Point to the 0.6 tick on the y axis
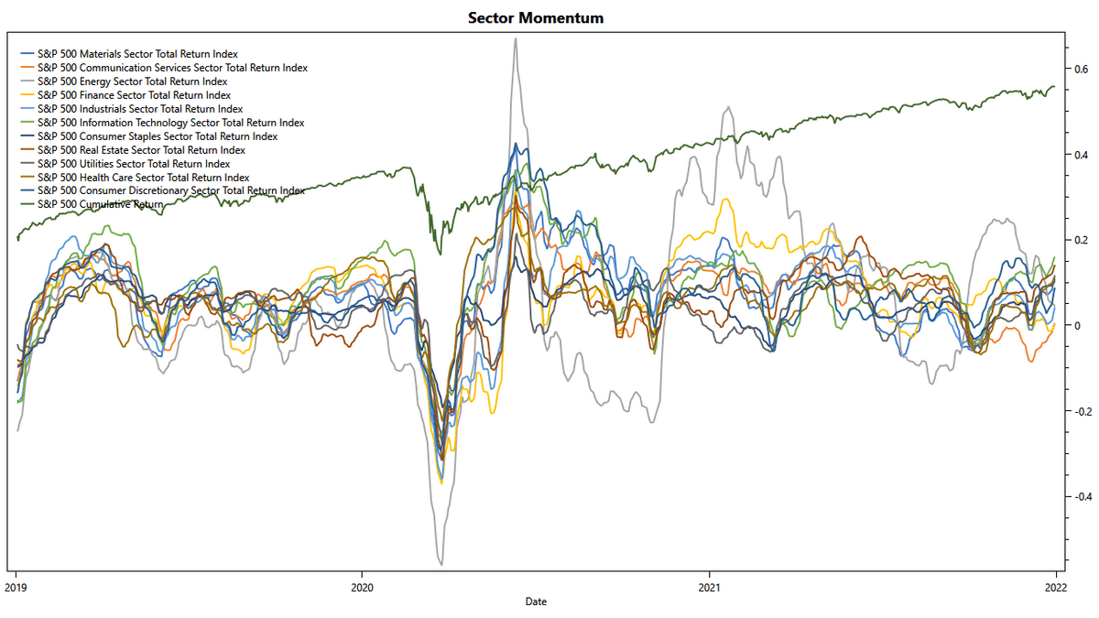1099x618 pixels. [1081, 70]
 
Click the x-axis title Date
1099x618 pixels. [536, 602]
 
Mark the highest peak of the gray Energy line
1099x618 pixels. [516, 38]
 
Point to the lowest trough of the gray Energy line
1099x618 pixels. [441, 565]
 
